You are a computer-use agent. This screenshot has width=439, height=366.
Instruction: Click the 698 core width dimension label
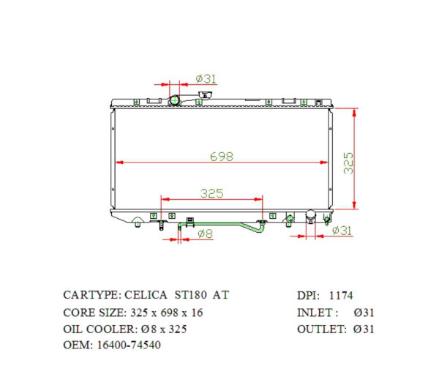[x=221, y=155]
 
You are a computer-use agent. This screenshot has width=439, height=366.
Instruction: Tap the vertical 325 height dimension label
[x=349, y=162]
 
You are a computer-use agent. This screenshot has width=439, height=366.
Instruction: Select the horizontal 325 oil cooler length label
[x=211, y=193]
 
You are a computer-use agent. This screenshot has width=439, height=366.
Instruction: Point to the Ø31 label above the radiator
[x=206, y=78]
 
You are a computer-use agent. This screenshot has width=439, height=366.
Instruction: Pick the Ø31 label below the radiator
[x=342, y=231]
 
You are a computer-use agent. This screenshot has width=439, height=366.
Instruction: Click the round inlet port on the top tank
[x=175, y=100]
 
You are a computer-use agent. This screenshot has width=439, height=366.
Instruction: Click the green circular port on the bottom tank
[x=290, y=218]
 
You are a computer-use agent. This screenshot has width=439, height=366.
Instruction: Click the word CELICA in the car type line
[x=145, y=296]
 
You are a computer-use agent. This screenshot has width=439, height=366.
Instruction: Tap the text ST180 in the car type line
[x=189, y=296]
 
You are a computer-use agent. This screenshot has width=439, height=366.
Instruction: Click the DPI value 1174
[x=341, y=296]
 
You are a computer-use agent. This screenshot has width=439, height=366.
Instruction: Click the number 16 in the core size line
[x=197, y=313]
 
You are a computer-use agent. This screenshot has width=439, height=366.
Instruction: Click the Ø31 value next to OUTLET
[x=364, y=329]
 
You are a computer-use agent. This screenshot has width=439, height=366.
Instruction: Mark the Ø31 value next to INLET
[x=364, y=313]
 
